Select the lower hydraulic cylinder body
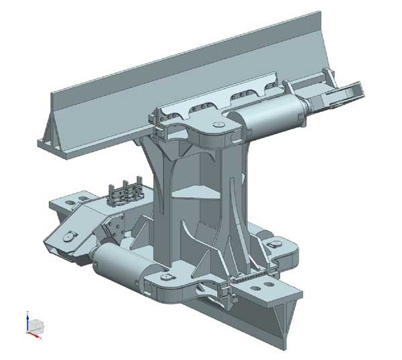pos(127,267)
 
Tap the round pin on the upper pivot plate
pos(215,124)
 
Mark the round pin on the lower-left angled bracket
pos(68,237)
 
